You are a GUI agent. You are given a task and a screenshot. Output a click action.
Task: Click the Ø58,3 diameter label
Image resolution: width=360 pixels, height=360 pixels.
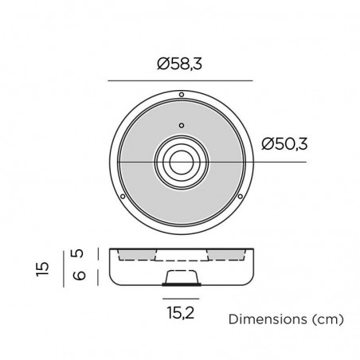pos(179,64)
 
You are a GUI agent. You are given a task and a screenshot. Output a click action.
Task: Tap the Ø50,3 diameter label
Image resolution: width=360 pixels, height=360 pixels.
pos(284,144)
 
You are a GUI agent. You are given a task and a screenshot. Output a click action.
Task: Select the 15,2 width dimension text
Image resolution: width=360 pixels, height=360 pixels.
pos(181,312)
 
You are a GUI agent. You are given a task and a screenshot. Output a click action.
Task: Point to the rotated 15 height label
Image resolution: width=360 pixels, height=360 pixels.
pos(43,268)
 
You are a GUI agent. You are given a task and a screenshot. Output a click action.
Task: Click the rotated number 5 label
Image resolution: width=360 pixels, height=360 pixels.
pos(77,253)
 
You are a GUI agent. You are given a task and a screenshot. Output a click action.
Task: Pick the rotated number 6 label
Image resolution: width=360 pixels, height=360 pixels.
pos(79,276)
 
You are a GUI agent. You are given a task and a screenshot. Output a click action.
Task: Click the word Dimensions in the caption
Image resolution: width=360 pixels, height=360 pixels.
pos(268,319)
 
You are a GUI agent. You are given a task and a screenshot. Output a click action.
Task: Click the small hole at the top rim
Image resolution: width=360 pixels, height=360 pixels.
pos(182,95)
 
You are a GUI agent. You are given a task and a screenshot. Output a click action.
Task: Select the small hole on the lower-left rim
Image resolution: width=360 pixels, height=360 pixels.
pos(123,197)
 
